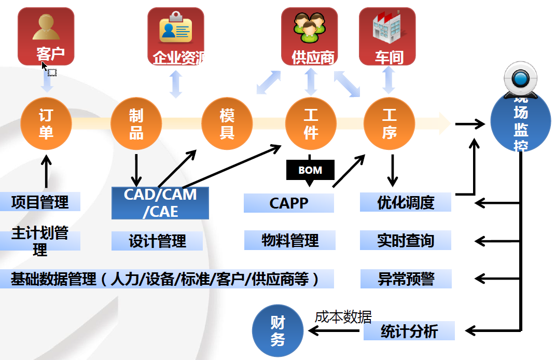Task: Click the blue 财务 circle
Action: click(277, 330)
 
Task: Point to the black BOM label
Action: click(310, 170)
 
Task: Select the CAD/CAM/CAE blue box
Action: click(160, 203)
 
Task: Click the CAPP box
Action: click(289, 203)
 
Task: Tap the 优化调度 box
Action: click(406, 202)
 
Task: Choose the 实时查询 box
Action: click(406, 241)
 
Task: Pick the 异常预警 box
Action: click(406, 279)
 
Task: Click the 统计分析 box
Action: click(409, 331)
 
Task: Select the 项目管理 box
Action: click(40, 202)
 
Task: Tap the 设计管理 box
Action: click(157, 241)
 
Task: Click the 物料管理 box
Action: click(290, 241)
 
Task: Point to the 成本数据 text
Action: click(343, 316)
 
